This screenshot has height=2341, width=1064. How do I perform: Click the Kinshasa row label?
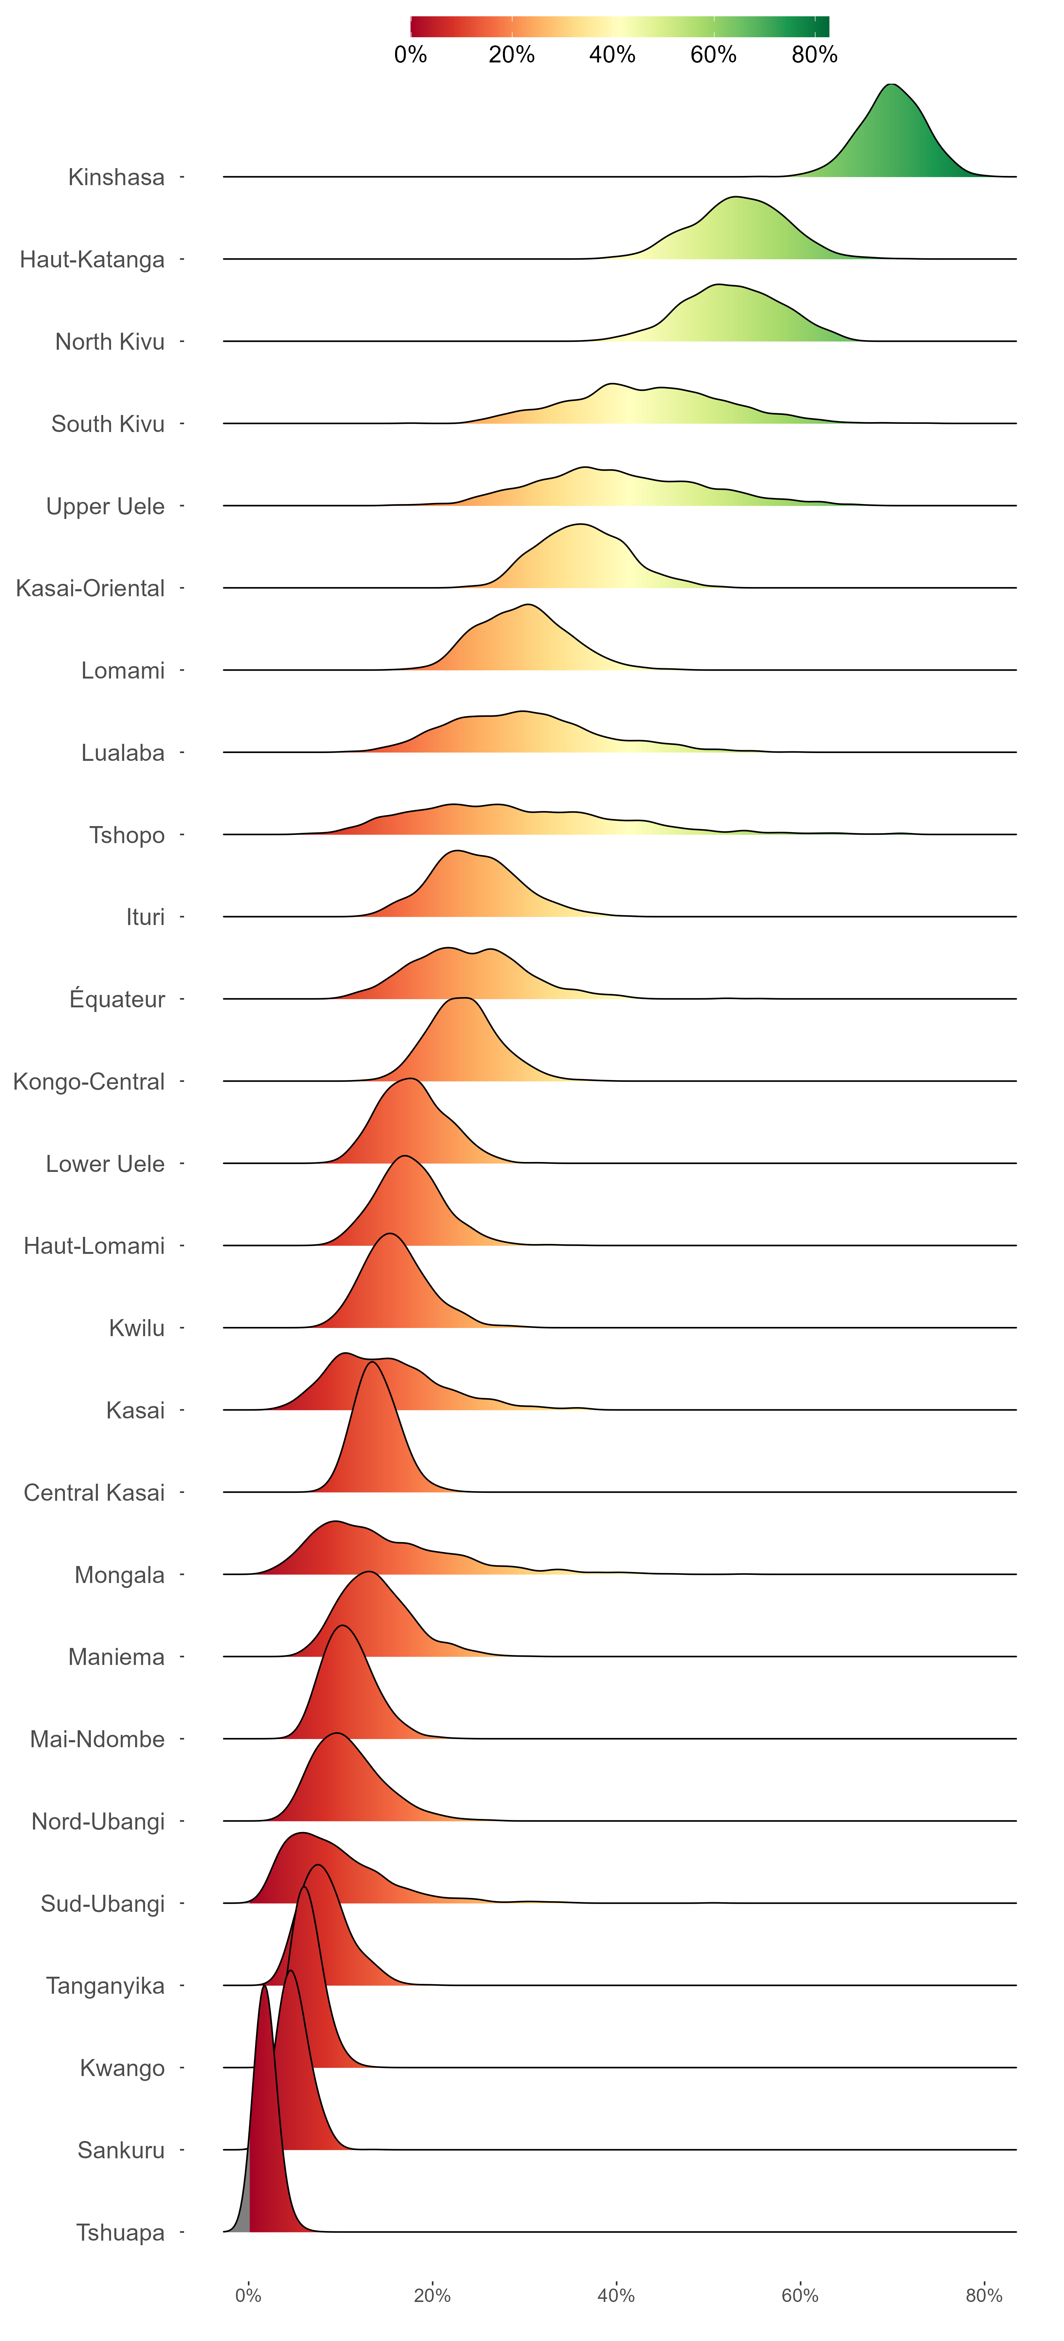pos(116,177)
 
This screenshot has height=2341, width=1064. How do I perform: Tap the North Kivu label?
pos(110,342)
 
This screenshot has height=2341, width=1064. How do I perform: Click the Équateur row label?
pos(117,1000)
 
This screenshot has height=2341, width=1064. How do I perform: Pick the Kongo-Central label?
pos(89,1081)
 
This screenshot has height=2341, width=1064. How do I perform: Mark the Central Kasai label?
pos(94,1493)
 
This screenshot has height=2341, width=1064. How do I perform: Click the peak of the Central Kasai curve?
pos(372,1362)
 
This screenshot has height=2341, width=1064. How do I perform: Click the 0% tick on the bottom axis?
pos(248,2296)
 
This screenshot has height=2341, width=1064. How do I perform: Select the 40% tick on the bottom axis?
pos(616,2296)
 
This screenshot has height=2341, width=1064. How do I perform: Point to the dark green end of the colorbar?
pos(822,26)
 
